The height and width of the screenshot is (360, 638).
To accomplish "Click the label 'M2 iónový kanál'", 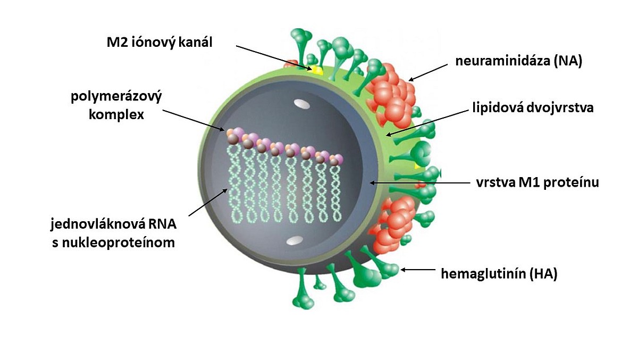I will tap(159, 42).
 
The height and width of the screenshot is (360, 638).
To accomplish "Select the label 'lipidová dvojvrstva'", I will tap(532, 108).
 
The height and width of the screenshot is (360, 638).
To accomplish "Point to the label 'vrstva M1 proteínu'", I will tap(538, 183).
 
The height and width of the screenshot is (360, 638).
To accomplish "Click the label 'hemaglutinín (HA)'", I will tap(499, 274).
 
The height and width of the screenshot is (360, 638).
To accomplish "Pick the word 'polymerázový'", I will tap(116, 98).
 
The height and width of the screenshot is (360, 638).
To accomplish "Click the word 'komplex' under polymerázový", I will tap(116, 114).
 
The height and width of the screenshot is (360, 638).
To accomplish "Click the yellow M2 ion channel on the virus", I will tap(317, 70).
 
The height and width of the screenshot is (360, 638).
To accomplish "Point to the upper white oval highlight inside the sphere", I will tap(300, 105).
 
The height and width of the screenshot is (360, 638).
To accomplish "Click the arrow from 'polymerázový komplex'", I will tap(194, 120).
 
